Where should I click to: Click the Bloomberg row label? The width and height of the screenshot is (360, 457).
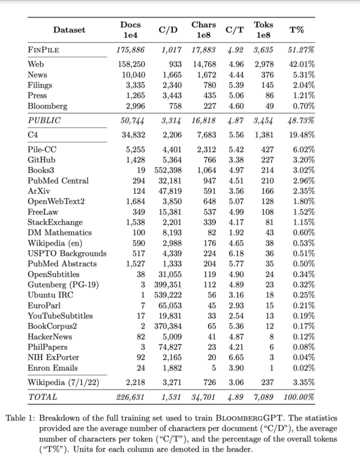coord(47,106)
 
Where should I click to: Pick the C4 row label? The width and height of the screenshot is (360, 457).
coord(33,135)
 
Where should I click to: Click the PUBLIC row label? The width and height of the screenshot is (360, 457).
coord(44,120)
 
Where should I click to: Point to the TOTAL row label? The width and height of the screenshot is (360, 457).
coord(42,397)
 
